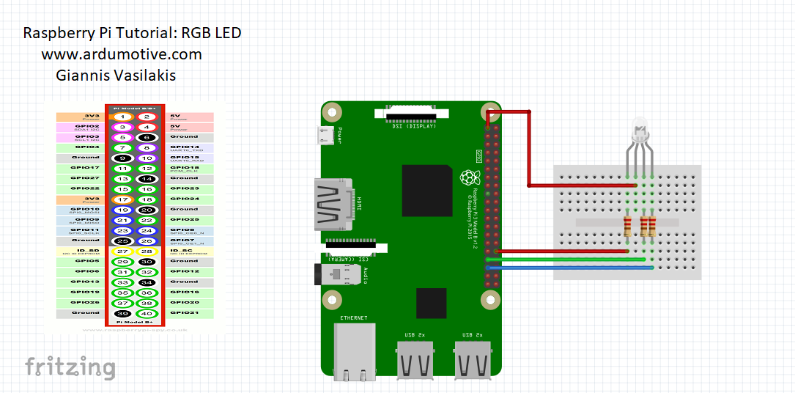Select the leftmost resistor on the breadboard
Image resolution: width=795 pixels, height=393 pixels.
pyautogui.click(x=628, y=227)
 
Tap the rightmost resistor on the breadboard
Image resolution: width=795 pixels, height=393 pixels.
pyautogui.click(x=651, y=227)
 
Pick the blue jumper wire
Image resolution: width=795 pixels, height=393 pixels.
pyautogui.click(x=572, y=268)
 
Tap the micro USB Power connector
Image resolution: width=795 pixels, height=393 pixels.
pyautogui.click(x=329, y=136)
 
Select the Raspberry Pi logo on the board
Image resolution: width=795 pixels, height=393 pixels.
pyautogui.click(x=467, y=177)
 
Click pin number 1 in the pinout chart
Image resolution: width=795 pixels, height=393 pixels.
pyautogui.click(x=125, y=117)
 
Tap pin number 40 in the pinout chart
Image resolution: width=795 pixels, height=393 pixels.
pyautogui.click(x=147, y=313)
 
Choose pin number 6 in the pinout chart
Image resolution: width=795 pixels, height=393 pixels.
pyautogui.click(x=147, y=137)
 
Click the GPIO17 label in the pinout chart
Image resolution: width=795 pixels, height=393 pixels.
pyautogui.click(x=85, y=168)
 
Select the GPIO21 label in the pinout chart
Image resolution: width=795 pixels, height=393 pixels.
pyautogui.click(x=184, y=313)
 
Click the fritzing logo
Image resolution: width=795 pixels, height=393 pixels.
pyautogui.click(x=70, y=366)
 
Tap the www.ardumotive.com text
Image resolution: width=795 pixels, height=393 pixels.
pyautogui.click(x=122, y=54)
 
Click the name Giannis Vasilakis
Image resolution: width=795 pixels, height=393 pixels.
pyautogui.click(x=116, y=76)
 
